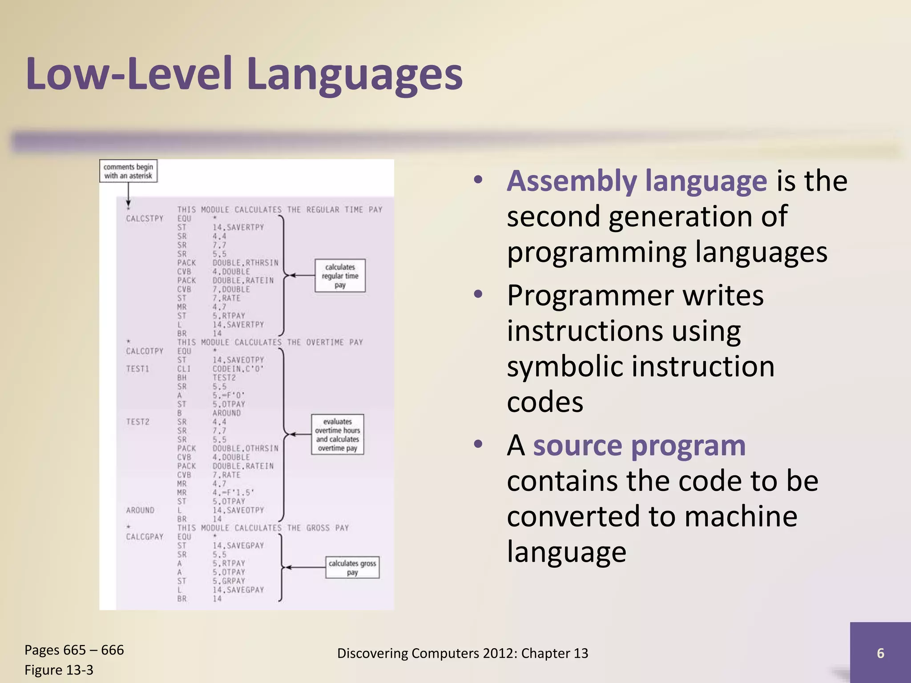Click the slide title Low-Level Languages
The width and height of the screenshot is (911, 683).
[x=244, y=75]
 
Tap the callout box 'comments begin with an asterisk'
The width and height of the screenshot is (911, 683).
[x=128, y=171]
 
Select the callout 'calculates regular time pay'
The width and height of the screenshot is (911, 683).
[x=340, y=276]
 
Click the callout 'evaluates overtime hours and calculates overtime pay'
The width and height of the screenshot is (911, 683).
[x=337, y=434]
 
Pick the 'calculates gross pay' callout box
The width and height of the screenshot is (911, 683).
[x=352, y=567]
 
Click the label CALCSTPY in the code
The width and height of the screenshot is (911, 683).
[x=145, y=218]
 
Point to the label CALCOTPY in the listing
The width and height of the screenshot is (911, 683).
[x=145, y=351]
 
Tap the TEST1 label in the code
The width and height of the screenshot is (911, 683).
[x=137, y=369]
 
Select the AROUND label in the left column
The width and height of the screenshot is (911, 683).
[x=140, y=510]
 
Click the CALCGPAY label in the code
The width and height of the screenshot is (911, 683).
[x=145, y=537]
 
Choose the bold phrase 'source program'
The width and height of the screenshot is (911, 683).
[x=639, y=446]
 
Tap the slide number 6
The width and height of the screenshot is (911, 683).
[x=880, y=653]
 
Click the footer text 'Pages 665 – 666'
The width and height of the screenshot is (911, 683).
[x=74, y=650]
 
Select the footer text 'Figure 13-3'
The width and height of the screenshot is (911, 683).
[x=59, y=670]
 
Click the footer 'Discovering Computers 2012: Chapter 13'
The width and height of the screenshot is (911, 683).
[x=463, y=653]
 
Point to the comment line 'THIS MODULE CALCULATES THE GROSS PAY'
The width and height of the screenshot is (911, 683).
[x=263, y=528]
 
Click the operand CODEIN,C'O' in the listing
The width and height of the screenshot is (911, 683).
[x=238, y=369]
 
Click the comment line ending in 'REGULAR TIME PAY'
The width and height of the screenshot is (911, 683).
[x=280, y=209]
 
